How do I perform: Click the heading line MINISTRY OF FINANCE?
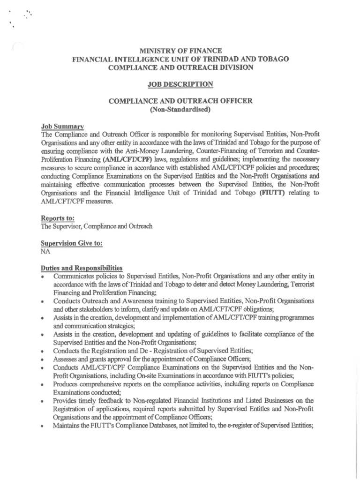click(x=180, y=50)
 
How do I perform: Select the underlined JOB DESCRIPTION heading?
click(x=180, y=84)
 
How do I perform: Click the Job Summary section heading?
click(x=62, y=127)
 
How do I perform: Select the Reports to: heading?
click(x=58, y=218)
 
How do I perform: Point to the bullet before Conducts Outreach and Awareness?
click(x=43, y=301)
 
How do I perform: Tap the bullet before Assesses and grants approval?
click(x=43, y=360)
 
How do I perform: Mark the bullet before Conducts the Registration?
click(x=43, y=352)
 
